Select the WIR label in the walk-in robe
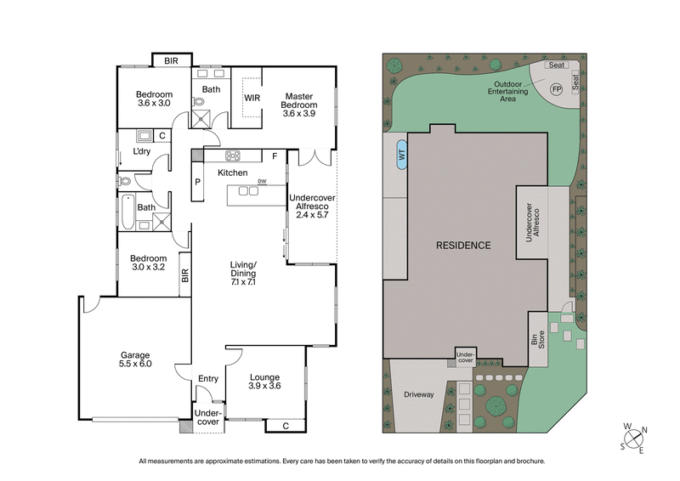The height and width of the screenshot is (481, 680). click(x=252, y=98)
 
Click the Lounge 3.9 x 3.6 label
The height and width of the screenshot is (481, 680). click(x=264, y=381)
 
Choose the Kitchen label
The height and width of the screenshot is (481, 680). click(x=232, y=173)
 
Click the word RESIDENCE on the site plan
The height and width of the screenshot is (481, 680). click(x=463, y=246)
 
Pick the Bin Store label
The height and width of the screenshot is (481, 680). click(x=536, y=341)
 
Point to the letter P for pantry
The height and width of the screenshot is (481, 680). click(x=196, y=181)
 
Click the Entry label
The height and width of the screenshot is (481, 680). click(x=208, y=379)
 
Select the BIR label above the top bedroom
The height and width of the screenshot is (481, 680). click(x=172, y=60)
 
